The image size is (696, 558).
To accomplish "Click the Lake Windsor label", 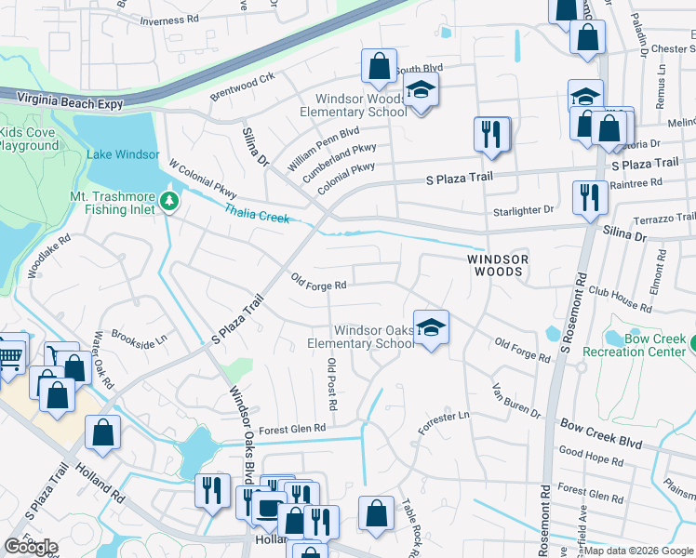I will click(122, 154).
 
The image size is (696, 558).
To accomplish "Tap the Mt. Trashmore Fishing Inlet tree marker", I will click(168, 201).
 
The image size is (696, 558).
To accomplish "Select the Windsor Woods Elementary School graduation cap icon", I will click(422, 92).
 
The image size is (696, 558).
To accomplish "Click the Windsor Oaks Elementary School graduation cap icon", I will click(431, 328).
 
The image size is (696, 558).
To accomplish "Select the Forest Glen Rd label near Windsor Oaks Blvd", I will click(292, 429).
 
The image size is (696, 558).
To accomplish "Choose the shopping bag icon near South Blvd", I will click(379, 67).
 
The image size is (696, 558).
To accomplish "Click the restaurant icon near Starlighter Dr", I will click(589, 198).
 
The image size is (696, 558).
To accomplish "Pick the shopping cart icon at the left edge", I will click(9, 355).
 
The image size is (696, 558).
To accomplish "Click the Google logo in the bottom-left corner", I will click(31, 546).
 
